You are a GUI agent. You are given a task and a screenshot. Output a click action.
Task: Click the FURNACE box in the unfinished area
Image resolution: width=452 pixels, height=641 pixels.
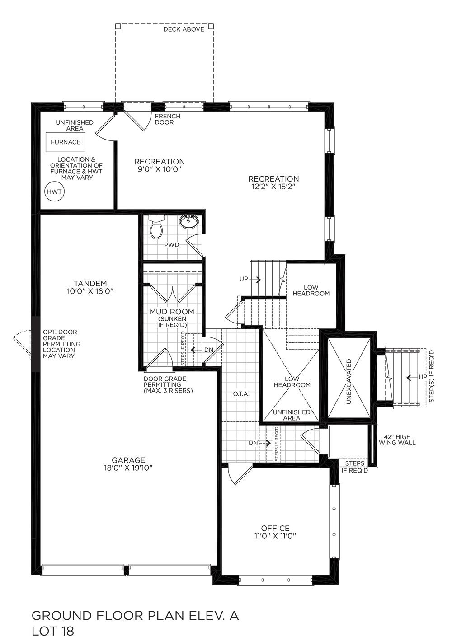click(x=66, y=142)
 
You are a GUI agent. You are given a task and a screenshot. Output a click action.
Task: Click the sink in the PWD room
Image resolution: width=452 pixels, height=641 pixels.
click(x=189, y=222)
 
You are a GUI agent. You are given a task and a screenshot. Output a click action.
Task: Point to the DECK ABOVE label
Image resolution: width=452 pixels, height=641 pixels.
click(x=184, y=29)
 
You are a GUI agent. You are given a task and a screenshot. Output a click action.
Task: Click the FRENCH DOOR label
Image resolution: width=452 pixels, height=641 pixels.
click(x=167, y=119)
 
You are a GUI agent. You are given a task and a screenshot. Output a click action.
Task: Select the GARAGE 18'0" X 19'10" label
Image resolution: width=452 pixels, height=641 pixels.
click(x=128, y=464)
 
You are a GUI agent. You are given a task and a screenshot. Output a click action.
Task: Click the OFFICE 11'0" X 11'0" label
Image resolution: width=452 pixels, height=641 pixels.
click(x=275, y=532)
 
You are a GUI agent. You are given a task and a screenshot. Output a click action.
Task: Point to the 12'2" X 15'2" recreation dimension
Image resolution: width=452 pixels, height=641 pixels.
click(x=273, y=187)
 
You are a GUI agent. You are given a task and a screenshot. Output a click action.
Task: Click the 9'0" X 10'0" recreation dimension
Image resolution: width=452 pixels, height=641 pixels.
click(x=159, y=169)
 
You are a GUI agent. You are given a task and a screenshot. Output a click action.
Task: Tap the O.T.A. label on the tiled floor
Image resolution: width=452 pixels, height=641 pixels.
click(x=241, y=394)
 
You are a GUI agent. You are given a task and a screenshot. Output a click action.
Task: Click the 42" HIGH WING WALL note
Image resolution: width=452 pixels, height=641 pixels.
click(x=397, y=440)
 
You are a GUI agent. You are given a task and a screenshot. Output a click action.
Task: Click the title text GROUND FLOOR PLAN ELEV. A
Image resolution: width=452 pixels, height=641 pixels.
click(x=135, y=616)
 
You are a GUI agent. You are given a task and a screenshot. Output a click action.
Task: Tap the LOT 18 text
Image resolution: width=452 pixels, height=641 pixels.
click(x=52, y=631)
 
